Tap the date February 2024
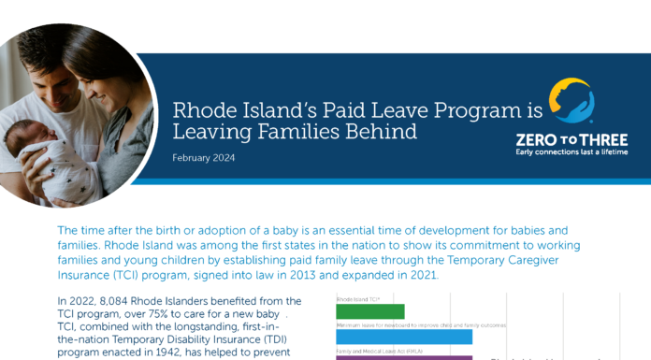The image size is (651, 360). coord(204,158)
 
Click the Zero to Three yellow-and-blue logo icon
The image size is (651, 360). coord(570,102)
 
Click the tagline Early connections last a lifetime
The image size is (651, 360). coord(571,151)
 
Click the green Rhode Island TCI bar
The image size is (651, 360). coord(369,311)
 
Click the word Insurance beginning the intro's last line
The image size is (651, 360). coord(88,275)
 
